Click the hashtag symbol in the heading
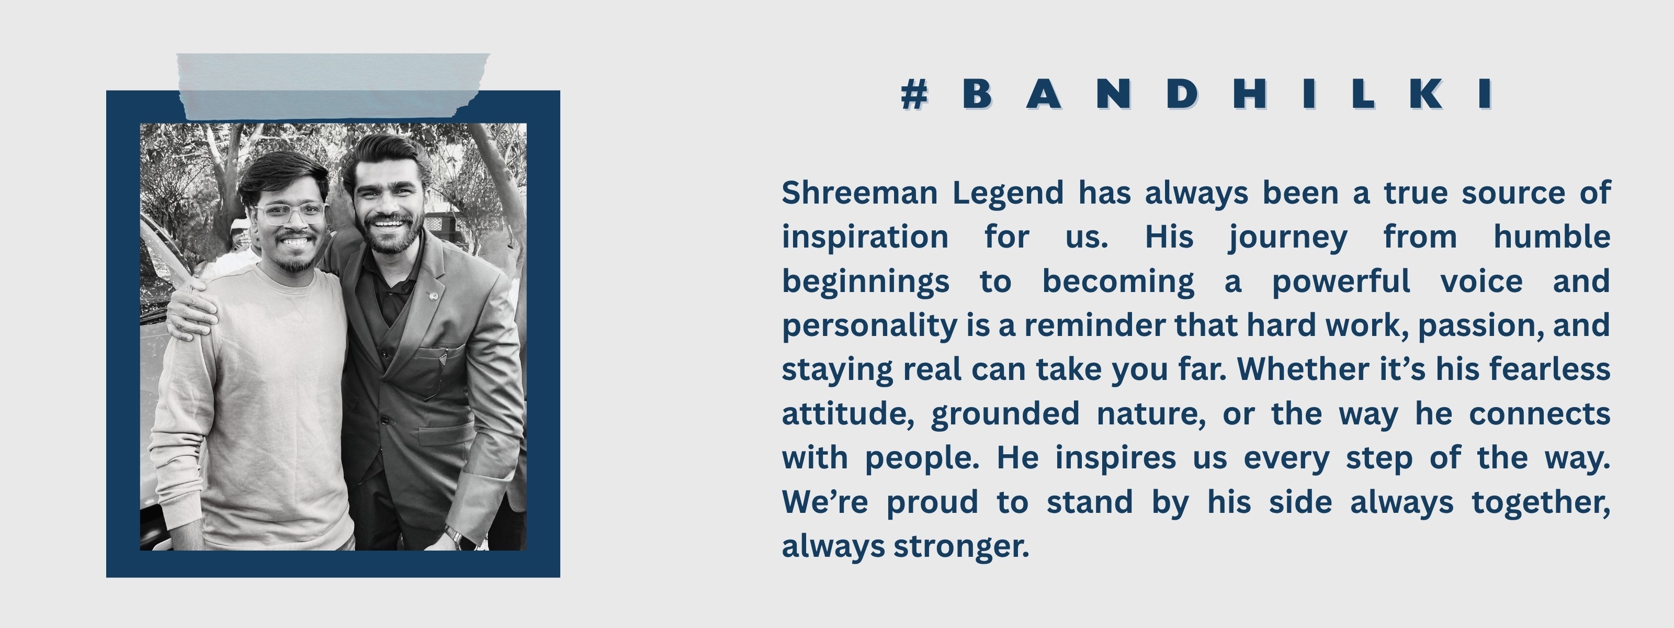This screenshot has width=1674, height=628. tap(914, 95)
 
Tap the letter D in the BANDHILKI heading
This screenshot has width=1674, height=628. tap(1181, 94)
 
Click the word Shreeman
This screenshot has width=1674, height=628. tap(859, 193)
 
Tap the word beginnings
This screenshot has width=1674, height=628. tap(866, 282)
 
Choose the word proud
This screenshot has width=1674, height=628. tap(932, 503)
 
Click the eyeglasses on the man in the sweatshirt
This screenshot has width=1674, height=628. tap(290, 212)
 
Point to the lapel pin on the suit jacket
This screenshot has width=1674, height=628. tap(434, 296)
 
